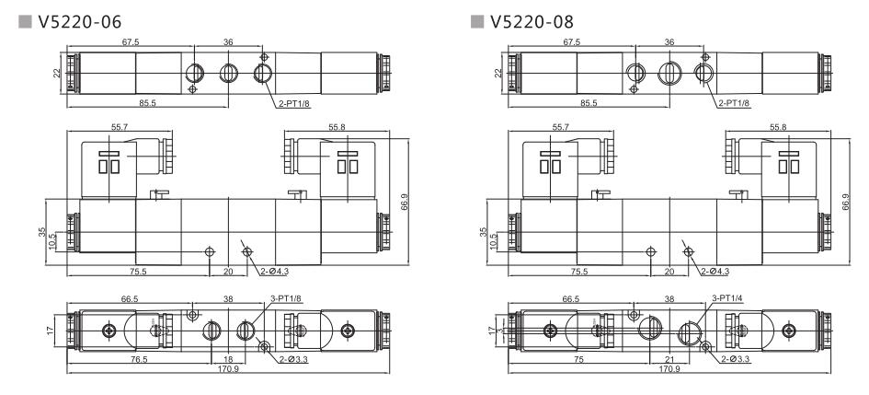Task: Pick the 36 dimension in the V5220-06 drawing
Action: click(x=228, y=41)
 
